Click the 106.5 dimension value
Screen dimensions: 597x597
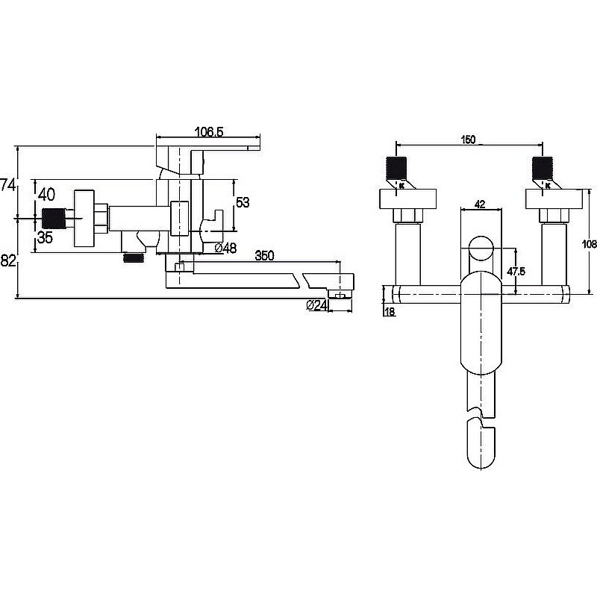[209, 132]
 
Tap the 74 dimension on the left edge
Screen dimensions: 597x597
[7, 185]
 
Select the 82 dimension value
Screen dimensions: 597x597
[8, 260]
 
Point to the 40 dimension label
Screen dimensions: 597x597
[47, 195]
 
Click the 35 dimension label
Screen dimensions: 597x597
[45, 238]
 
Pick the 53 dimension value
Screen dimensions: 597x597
[243, 202]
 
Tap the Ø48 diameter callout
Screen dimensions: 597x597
[225, 249]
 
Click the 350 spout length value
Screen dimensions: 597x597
[264, 255]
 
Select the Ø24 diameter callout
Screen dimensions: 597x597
[316, 305]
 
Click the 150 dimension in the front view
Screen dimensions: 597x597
[468, 140]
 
